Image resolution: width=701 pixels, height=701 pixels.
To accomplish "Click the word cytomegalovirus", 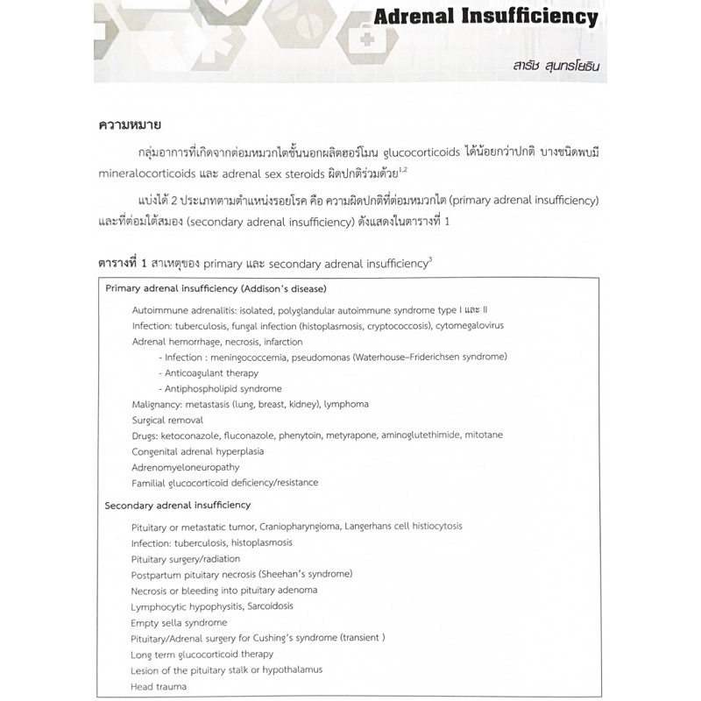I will pyautogui.click(x=479, y=326).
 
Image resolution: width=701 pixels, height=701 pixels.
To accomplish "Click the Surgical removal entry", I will pyautogui.click(x=167, y=420).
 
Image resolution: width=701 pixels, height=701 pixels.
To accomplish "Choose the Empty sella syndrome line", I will pyautogui.click(x=179, y=621).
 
